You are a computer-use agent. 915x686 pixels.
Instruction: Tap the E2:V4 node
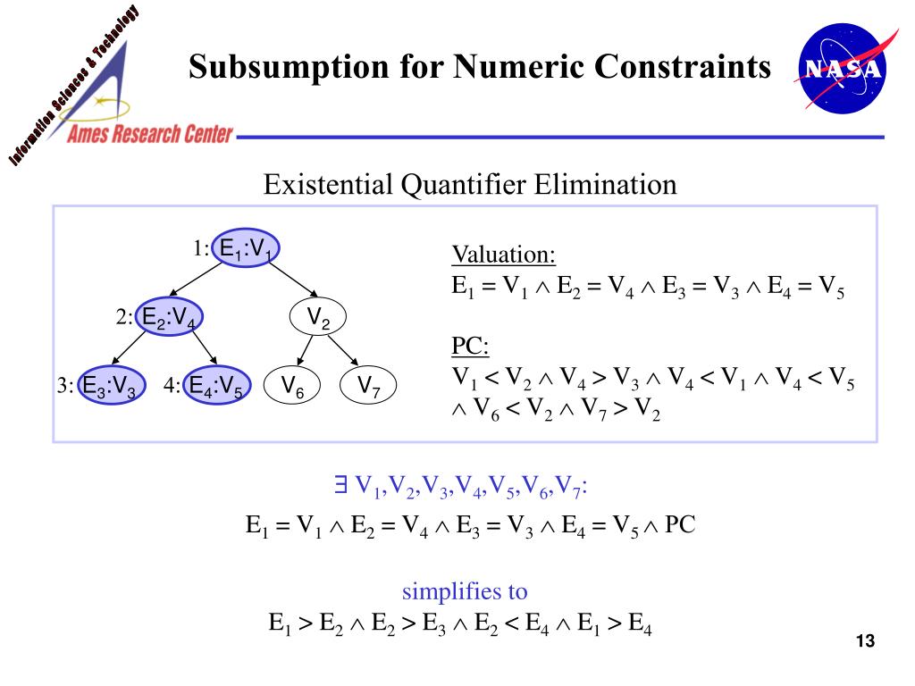[x=171, y=317]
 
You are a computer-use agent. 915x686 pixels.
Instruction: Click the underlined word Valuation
[x=503, y=255]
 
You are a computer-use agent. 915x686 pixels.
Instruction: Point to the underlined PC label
[x=470, y=346]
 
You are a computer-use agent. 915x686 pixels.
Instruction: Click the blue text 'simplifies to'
[x=465, y=591]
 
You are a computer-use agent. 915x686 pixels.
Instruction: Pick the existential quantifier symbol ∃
[x=340, y=485]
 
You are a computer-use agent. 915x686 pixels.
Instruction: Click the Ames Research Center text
[x=151, y=135]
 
